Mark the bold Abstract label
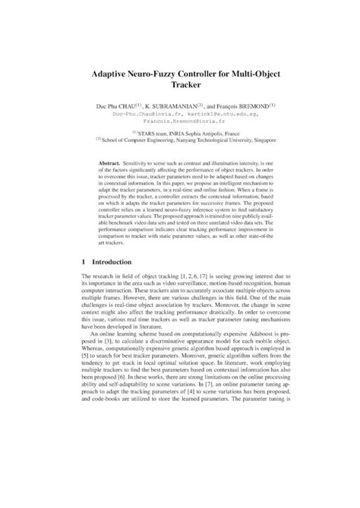click(x=112, y=164)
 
